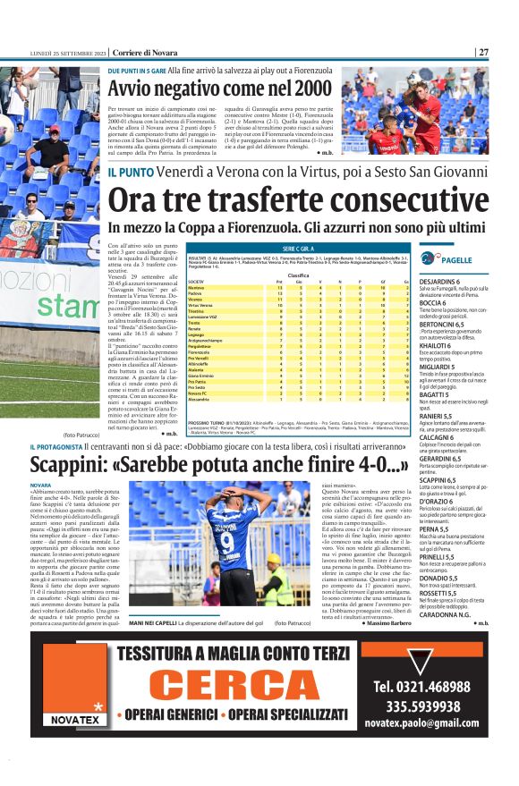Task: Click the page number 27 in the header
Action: [483, 52]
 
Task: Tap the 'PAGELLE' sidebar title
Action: [457, 259]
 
